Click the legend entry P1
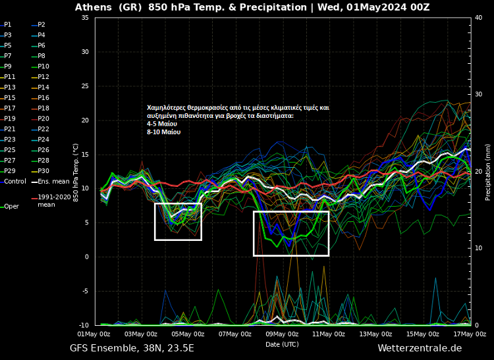click(x=8, y=24)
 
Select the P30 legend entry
click(x=43, y=171)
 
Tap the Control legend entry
click(x=14, y=182)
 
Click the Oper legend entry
click(x=11, y=207)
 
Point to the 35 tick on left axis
click(x=85, y=18)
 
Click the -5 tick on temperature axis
click(x=85, y=291)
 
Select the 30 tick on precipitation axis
click(x=479, y=95)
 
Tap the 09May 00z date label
click(x=282, y=334)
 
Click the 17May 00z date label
click(x=470, y=334)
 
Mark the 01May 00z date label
click(x=94, y=334)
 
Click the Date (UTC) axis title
click(x=282, y=344)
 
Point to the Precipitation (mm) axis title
click(x=488, y=171)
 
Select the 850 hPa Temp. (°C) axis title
click(x=76, y=171)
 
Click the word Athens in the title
click(x=94, y=7)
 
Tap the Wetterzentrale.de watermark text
click(x=420, y=348)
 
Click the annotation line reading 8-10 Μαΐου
click(x=163, y=132)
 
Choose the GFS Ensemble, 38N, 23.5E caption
click(x=132, y=348)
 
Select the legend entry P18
click(x=43, y=108)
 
